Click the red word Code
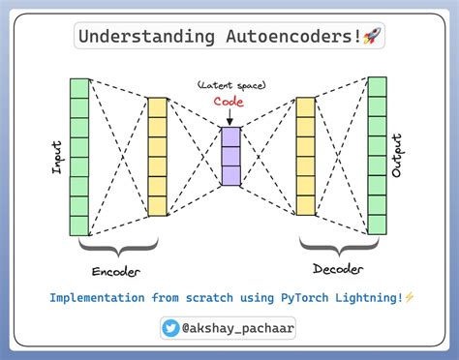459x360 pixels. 229,103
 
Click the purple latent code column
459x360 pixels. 229,156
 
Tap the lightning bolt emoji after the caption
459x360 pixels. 410,298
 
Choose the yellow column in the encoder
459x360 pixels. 157,156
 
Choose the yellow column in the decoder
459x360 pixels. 305,156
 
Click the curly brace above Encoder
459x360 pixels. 116,248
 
